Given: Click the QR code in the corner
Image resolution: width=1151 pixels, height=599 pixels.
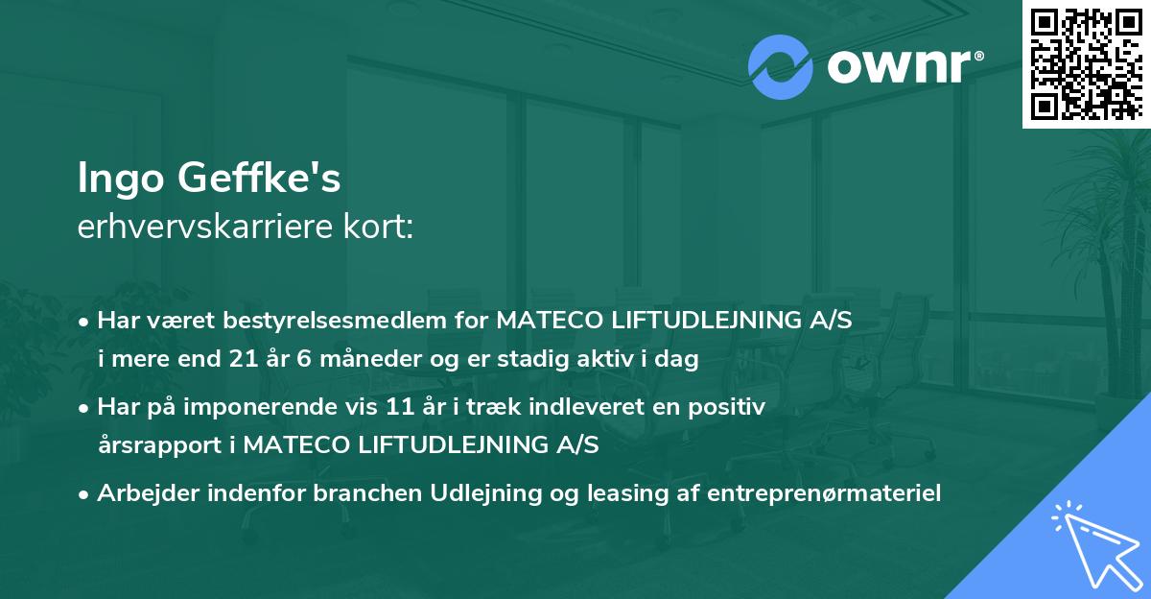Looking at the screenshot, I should point(1086,63).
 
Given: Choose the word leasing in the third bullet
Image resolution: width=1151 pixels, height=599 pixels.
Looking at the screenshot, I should point(600,492).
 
